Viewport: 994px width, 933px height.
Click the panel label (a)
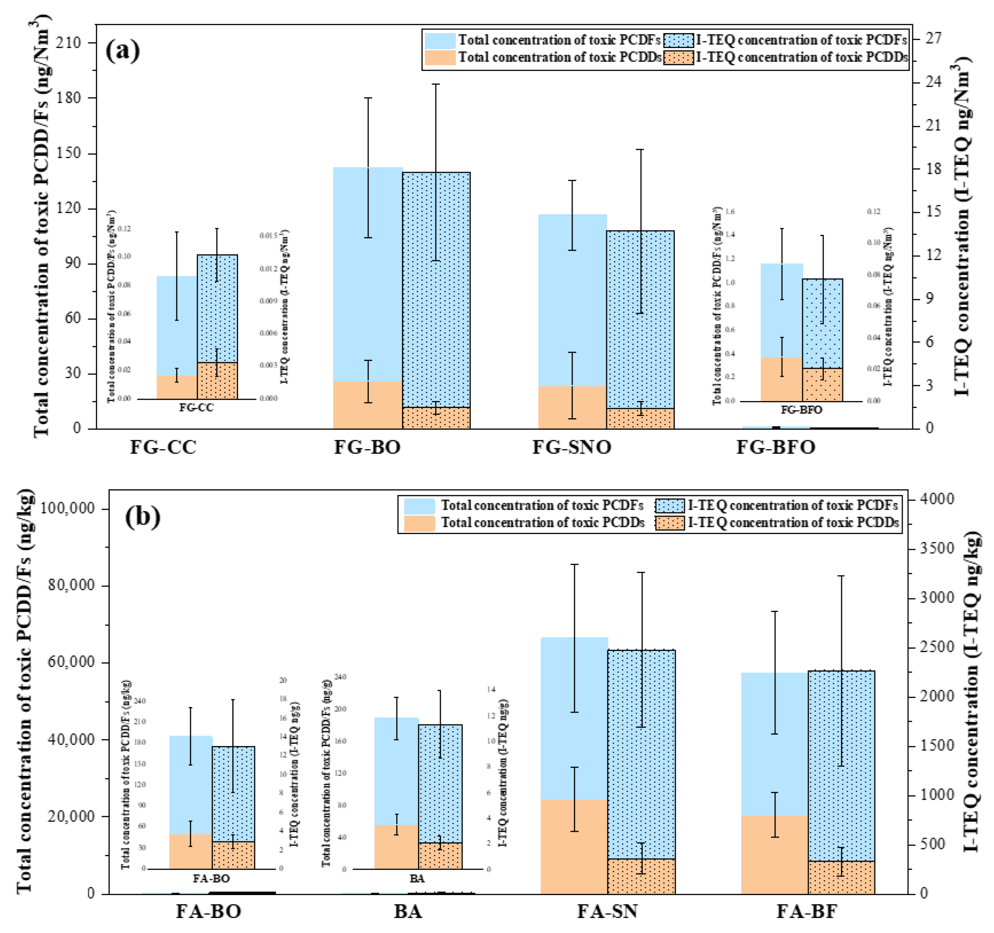[123, 51]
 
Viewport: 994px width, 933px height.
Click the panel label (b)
[142, 517]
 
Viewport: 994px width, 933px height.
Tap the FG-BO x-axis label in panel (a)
[367, 447]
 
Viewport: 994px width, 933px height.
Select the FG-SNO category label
[572, 447]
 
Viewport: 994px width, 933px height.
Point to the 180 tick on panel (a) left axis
[68, 98]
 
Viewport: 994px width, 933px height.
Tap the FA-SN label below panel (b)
[607, 911]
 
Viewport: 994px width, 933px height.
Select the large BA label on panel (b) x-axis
[408, 911]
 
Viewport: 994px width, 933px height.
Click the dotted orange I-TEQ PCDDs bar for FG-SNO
[640, 419]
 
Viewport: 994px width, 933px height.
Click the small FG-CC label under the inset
[197, 408]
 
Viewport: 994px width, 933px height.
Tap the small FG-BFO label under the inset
[801, 410]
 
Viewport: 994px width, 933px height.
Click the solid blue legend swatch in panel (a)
[440, 41]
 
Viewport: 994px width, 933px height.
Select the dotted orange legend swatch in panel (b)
[670, 523]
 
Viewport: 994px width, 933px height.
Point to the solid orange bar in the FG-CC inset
[176, 387]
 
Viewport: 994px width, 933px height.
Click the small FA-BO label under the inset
[211, 878]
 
